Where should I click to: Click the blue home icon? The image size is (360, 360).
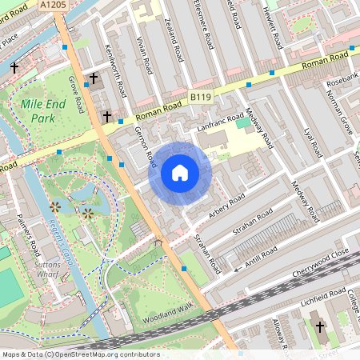pos(180,172)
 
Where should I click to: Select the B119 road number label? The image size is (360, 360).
pos(201,97)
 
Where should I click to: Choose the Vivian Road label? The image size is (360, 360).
pos(144,54)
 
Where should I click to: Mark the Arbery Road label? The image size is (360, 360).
pos(226,206)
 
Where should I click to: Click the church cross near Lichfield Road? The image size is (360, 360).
pos(320,326)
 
